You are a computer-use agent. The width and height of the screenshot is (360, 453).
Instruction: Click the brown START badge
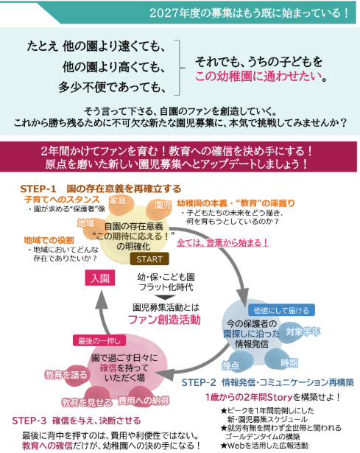click(149, 259)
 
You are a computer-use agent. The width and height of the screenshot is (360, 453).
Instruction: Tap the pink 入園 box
click(100, 278)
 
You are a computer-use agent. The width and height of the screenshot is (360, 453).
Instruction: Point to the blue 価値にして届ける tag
click(281, 310)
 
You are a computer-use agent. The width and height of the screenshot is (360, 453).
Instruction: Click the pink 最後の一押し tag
click(99, 340)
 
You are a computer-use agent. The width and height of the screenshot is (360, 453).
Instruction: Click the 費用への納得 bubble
click(144, 399)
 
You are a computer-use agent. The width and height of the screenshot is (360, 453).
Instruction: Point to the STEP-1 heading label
click(38, 189)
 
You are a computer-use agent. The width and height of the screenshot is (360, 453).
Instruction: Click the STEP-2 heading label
click(199, 382)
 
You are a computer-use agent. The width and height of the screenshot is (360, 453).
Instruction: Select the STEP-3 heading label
click(29, 421)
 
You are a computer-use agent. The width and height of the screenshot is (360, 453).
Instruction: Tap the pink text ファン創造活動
click(164, 320)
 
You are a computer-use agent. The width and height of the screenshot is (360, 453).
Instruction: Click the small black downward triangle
click(165, 297)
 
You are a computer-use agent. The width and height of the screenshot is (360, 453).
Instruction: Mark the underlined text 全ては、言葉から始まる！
click(223, 242)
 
